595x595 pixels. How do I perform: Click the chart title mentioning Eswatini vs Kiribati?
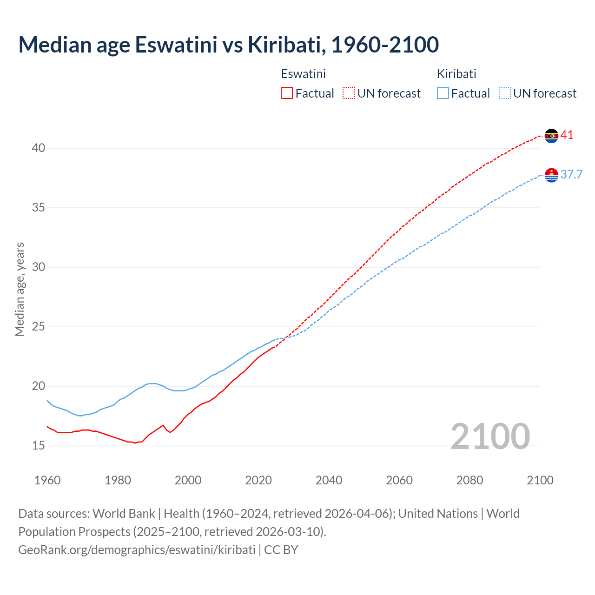pyautogui.click(x=228, y=45)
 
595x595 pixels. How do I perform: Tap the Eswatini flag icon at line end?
pyautogui.click(x=551, y=136)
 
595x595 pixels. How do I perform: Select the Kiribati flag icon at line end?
pyautogui.click(x=551, y=175)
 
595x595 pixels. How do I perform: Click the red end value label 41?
pyautogui.click(x=567, y=135)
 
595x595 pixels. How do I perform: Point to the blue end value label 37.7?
pyautogui.click(x=571, y=175)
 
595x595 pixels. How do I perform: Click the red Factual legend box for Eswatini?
pyautogui.click(x=287, y=93)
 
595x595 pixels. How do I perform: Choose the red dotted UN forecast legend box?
pyautogui.click(x=349, y=93)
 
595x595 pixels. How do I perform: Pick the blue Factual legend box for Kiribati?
pyautogui.click(x=443, y=93)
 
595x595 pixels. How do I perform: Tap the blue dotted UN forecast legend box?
pyautogui.click(x=504, y=93)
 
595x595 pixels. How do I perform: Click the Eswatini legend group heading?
pyautogui.click(x=303, y=74)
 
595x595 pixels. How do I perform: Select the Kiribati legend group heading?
pyautogui.click(x=456, y=74)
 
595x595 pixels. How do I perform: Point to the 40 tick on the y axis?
pyautogui.click(x=38, y=148)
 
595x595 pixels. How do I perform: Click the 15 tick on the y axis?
pyautogui.click(x=38, y=446)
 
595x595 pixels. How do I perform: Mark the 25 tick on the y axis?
pyautogui.click(x=38, y=327)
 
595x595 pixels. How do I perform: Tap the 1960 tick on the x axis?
pyautogui.click(x=47, y=480)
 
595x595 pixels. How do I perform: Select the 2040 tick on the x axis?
pyautogui.click(x=329, y=480)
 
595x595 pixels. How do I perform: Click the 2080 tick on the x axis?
pyautogui.click(x=469, y=480)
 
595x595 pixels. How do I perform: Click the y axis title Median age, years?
pyautogui.click(x=20, y=289)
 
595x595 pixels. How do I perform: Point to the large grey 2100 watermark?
pyautogui.click(x=490, y=436)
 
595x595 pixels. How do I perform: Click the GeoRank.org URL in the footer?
pyautogui.click(x=137, y=550)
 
